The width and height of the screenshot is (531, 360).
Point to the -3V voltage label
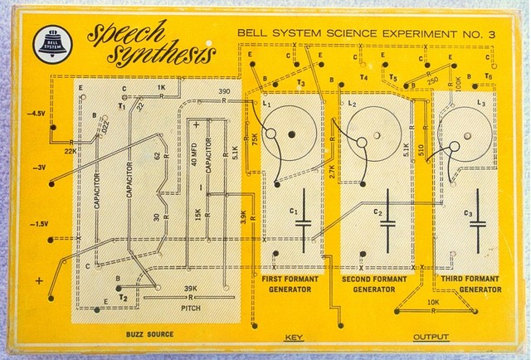tap(37, 168)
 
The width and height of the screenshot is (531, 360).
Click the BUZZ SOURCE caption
tap(151, 333)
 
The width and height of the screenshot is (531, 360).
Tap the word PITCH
tap(191, 307)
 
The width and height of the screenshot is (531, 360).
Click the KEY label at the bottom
tap(294, 338)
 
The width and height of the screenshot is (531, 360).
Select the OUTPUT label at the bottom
tap(431, 338)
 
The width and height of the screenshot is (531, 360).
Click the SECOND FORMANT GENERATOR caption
tap(376, 285)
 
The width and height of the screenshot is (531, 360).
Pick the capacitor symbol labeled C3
tap(481, 220)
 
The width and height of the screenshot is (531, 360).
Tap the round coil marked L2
tap(375, 133)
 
